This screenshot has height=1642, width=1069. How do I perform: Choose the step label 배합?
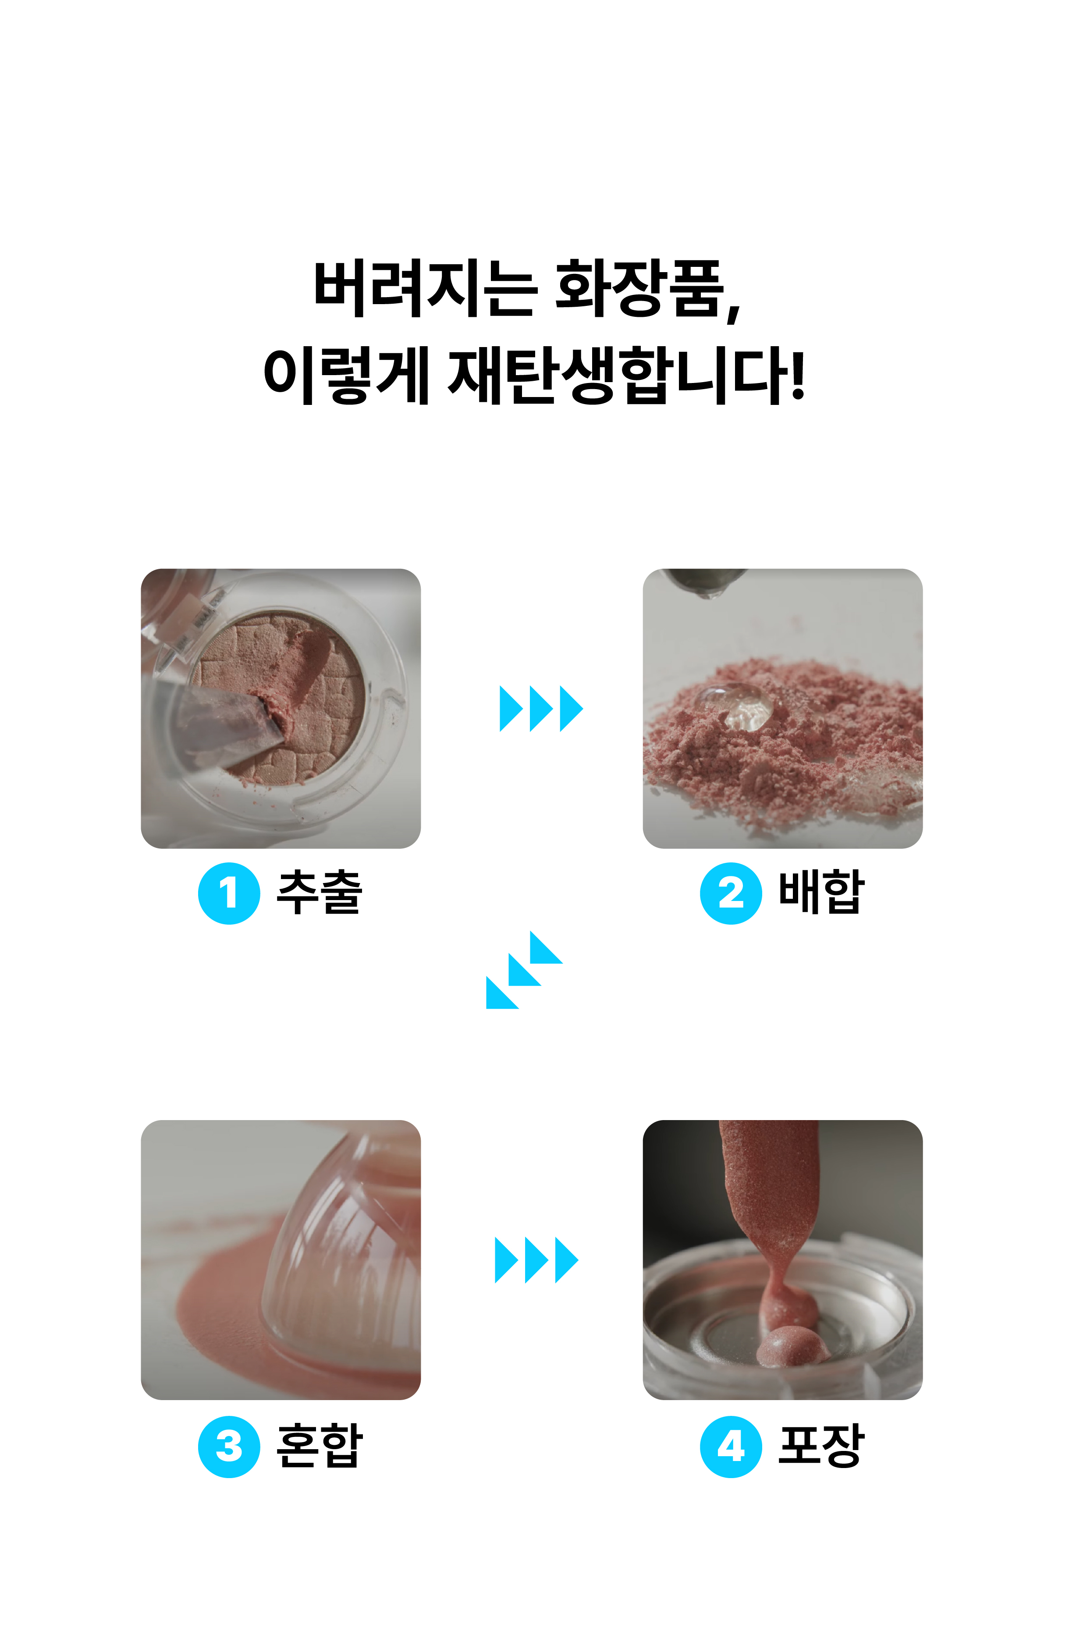pyautogui.click(x=821, y=892)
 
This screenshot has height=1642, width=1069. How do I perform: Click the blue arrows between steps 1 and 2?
pyautogui.click(x=541, y=709)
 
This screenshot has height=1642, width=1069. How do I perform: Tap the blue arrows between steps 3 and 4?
pyautogui.click(x=536, y=1260)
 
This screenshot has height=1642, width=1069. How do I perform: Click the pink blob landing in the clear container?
pyautogui.click(x=792, y=1345)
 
